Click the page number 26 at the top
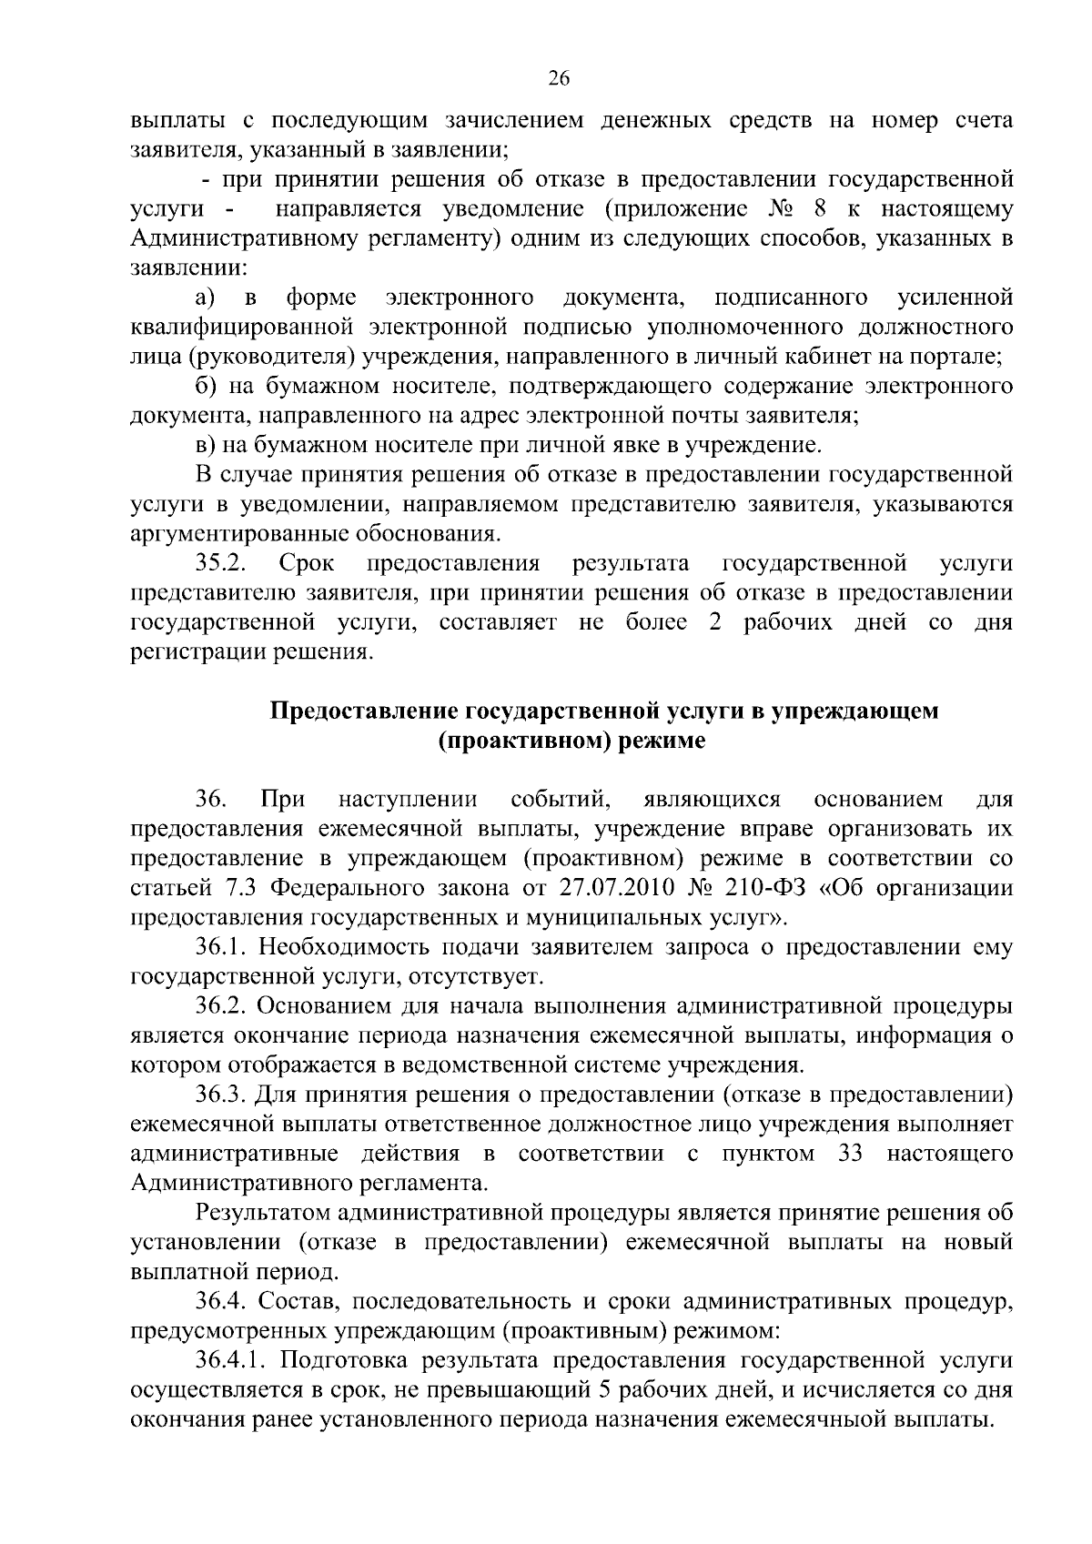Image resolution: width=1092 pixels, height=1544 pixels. [x=558, y=79]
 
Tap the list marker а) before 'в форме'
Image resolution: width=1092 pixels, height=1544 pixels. [x=205, y=298]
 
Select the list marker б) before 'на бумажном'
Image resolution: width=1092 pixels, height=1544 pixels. [x=205, y=386]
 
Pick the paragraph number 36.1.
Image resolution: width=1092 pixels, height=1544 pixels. [x=222, y=947]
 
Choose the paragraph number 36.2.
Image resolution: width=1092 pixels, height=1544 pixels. [x=222, y=1006]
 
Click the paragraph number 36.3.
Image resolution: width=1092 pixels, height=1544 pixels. [x=222, y=1095]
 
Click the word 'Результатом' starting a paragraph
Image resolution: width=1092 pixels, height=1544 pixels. [x=262, y=1213]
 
